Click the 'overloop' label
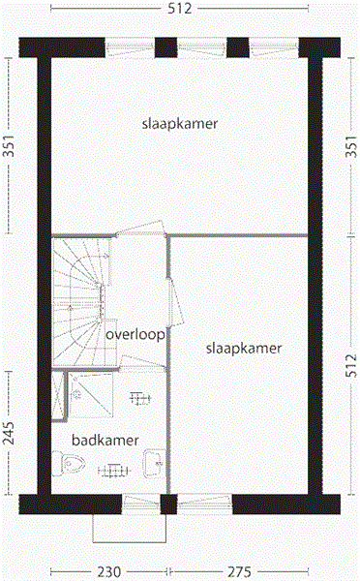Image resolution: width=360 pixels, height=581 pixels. (x=135, y=334)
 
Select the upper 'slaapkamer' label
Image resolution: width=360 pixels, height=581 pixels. (x=178, y=124)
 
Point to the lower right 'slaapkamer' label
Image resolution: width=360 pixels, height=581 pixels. (x=243, y=348)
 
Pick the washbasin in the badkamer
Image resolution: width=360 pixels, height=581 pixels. (x=153, y=463)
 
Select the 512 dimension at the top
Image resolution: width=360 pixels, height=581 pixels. (x=180, y=9)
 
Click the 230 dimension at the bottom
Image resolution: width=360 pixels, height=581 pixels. (x=108, y=571)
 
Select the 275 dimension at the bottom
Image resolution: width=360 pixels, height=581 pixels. (x=242, y=571)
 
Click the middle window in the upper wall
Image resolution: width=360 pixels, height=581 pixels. (x=202, y=46)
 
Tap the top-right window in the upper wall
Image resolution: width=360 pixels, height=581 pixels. (x=274, y=46)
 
